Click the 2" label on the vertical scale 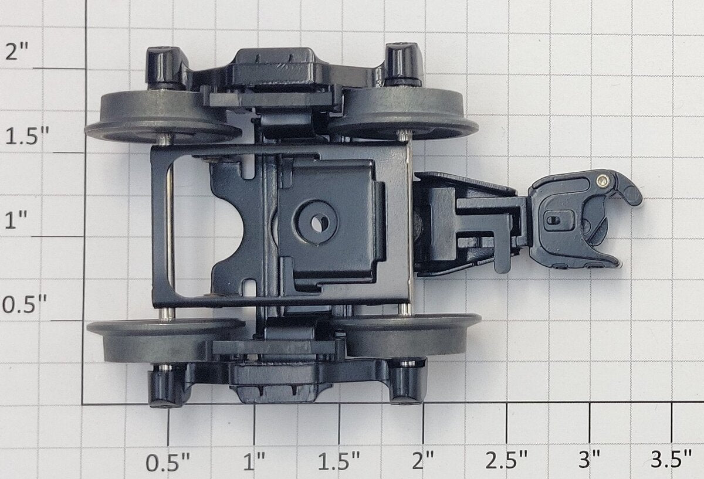pyautogui.click(x=16, y=51)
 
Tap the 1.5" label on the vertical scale pyautogui.click(x=28, y=137)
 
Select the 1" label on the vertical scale pyautogui.click(x=16, y=219)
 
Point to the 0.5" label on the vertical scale pyautogui.click(x=25, y=304)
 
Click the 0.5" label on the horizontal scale pyautogui.click(x=168, y=463)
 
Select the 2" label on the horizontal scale pyautogui.click(x=423, y=461)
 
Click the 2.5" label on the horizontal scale pyautogui.click(x=506, y=460)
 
